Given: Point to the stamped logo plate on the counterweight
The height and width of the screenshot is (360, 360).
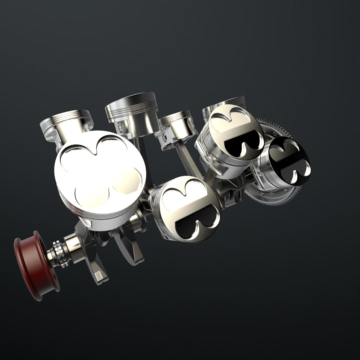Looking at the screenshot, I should point(99,276).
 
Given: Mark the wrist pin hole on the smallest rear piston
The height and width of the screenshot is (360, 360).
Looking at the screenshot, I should point(164,137).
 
